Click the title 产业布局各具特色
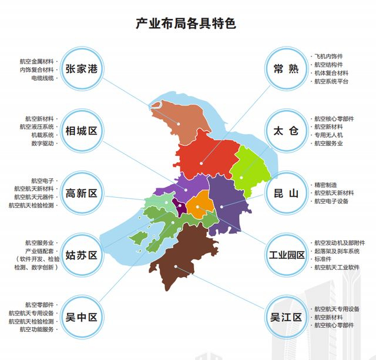(186, 24)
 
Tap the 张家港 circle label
(82, 69)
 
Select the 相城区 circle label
(82, 131)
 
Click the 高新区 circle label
(82, 193)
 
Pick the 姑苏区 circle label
(82, 255)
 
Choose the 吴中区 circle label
(82, 318)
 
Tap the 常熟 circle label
(286, 69)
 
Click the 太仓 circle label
(286, 131)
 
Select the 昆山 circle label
(286, 193)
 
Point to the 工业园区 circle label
(286, 255)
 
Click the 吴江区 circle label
(286, 318)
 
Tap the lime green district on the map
(250, 165)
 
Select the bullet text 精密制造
(326, 185)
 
